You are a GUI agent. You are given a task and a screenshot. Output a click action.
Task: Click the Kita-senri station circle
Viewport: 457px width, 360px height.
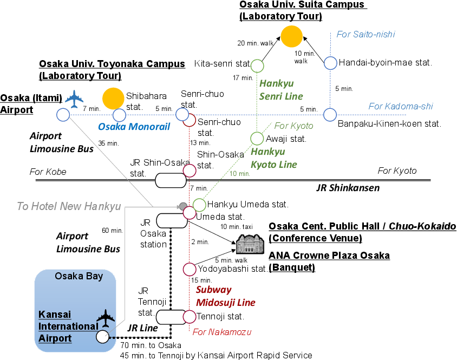258,66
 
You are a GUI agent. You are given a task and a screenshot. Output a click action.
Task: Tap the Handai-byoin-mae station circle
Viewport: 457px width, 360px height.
330,63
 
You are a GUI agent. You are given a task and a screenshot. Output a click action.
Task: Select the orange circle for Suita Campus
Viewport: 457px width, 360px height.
291,36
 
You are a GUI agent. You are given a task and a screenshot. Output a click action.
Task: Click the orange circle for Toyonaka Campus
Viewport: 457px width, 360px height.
114,97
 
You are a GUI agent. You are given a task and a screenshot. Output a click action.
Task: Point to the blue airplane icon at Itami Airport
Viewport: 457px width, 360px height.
75,99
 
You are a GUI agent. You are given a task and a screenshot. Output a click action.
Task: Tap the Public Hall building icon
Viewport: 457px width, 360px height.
250,244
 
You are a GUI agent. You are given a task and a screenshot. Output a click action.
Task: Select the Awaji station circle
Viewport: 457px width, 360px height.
257,138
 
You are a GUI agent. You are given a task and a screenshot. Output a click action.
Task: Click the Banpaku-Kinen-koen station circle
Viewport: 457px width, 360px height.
330,115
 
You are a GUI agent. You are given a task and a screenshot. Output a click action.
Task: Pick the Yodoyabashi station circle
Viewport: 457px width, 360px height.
190,269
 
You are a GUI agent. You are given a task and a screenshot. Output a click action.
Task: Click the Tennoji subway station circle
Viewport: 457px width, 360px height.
190,316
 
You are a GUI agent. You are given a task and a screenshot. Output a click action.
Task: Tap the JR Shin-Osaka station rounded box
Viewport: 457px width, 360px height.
171,180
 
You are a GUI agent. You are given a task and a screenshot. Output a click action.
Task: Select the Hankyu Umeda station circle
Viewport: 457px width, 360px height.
199,205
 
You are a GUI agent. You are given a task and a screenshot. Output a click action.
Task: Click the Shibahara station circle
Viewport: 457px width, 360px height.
119,115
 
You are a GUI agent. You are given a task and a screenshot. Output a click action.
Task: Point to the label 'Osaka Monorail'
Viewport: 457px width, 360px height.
134,127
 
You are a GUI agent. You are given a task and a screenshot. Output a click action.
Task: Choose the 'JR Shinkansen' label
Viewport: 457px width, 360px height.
348,188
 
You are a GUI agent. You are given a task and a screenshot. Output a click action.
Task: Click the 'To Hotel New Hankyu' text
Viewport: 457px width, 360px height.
69,206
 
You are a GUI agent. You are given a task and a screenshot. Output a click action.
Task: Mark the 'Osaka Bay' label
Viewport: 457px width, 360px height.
79,277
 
